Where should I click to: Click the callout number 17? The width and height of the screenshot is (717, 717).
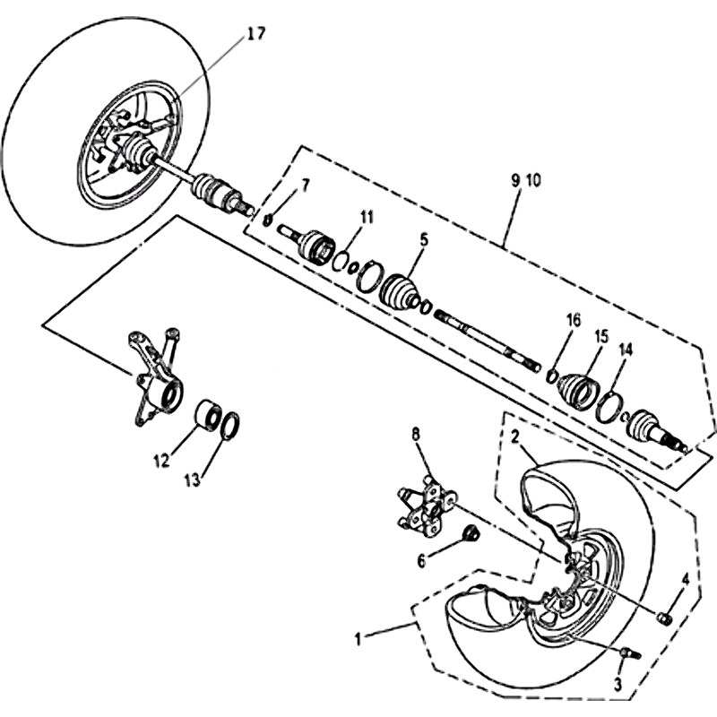pyautogui.click(x=256, y=34)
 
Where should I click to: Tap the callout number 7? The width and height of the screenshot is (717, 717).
pyautogui.click(x=306, y=186)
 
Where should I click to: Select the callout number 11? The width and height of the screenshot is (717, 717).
pyautogui.click(x=367, y=216)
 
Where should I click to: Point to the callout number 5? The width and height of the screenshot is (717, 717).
pyautogui.click(x=425, y=238)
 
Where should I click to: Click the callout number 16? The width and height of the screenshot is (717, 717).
pyautogui.click(x=574, y=319)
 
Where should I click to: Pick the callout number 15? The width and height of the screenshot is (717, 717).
pyautogui.click(x=601, y=336)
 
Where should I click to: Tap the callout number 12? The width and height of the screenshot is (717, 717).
pyautogui.click(x=161, y=462)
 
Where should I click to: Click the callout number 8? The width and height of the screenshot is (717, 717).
pyautogui.click(x=415, y=435)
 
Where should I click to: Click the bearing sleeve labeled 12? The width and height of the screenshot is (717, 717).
pyautogui.click(x=209, y=415)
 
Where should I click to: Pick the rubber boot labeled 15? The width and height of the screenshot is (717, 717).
pyautogui.click(x=575, y=391)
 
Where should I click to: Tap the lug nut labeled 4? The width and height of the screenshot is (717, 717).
pyautogui.click(x=664, y=618)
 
